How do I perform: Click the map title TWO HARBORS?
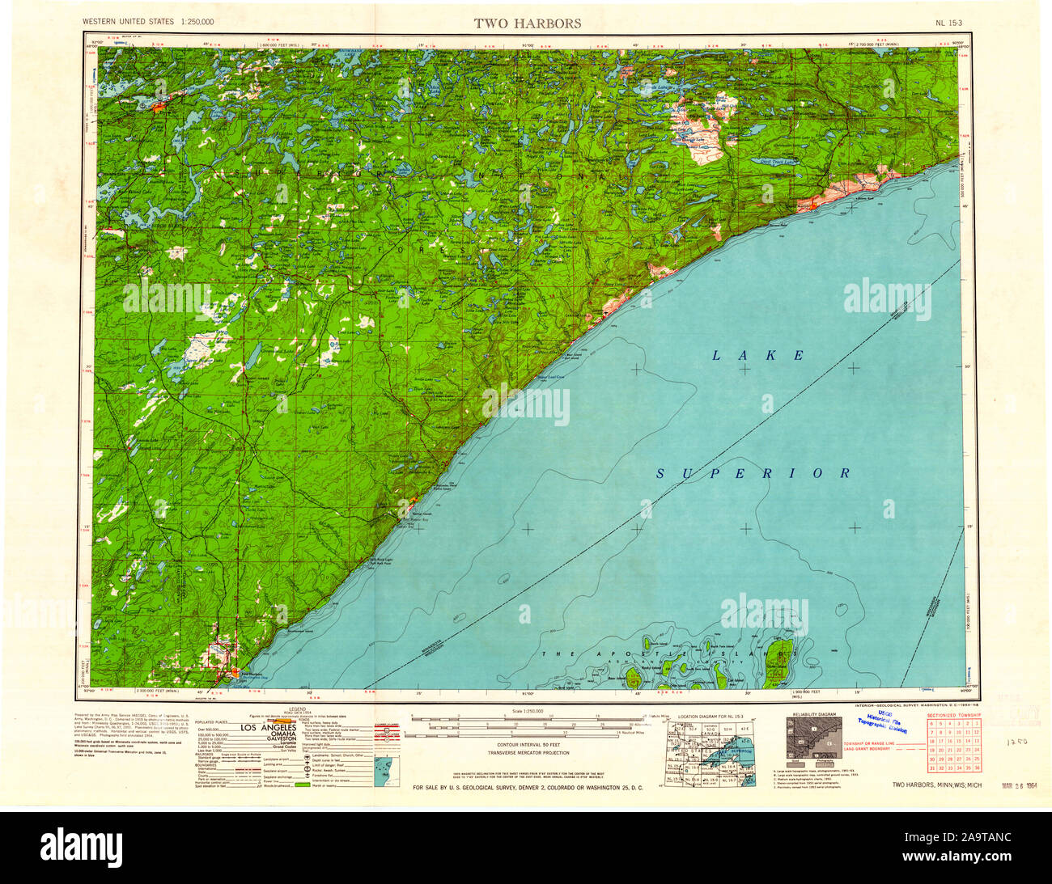tap(528, 23)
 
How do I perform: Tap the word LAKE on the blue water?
tap(758, 355)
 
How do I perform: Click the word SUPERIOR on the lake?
tap(753, 473)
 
